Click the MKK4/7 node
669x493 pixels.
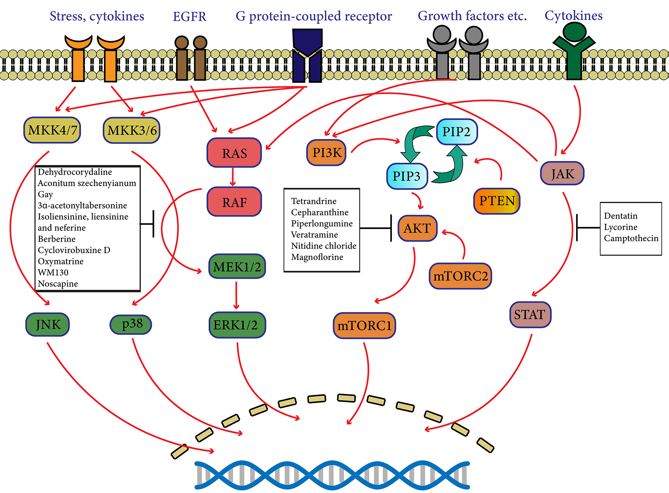pos(52,130)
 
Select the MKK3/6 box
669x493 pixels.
pos(132,130)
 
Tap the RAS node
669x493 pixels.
pos(234,153)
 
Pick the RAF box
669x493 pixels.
pos(234,202)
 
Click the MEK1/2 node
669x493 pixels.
pos(237,267)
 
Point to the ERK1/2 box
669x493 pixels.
pos(237,325)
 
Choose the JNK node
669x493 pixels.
pos(48,325)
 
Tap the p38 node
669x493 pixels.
pos(131,324)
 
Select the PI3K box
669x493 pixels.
pos(327,152)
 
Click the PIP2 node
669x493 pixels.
pos(456,132)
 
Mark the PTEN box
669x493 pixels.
pos(497,201)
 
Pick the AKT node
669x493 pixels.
pos(417,228)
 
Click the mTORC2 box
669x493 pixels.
pos(460,276)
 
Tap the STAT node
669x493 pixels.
pos(530,315)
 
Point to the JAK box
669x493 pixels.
pos(562,174)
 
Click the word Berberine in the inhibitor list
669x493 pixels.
pos(57,239)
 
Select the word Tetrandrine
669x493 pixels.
pos(313,201)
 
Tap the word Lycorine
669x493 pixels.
pos(620,227)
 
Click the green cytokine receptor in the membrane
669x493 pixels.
pos(574,52)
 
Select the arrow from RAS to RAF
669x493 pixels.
pos(233,177)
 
